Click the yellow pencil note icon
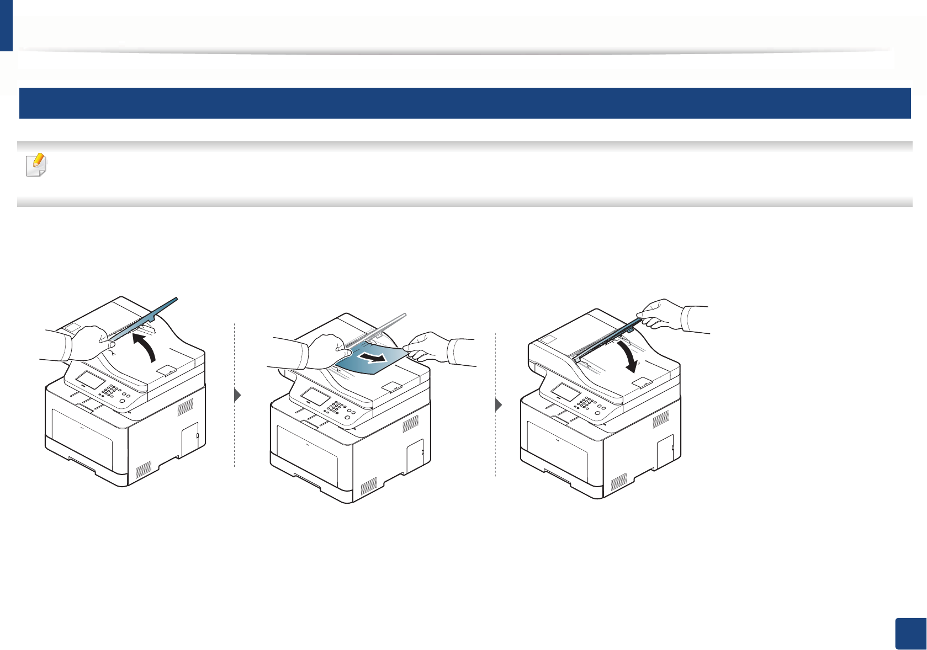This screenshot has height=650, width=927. (x=36, y=165)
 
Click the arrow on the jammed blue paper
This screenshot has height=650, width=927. (x=370, y=359)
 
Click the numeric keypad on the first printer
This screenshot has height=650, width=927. (x=110, y=389)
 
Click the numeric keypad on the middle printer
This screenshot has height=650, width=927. (x=335, y=407)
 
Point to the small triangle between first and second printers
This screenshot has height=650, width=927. (x=238, y=396)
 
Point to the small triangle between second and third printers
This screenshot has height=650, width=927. (x=499, y=405)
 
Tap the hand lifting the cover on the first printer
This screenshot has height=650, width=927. (x=83, y=343)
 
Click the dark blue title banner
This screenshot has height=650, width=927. (x=464, y=103)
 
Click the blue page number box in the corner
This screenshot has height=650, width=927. (x=910, y=634)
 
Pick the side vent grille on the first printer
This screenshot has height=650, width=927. (x=186, y=407)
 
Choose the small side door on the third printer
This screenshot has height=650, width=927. (x=665, y=450)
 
